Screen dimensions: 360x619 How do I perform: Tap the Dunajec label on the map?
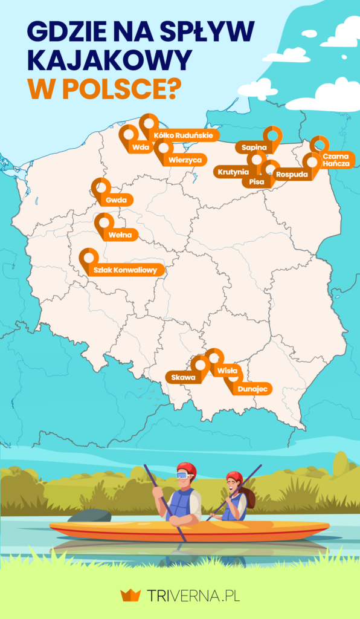[x=252, y=389]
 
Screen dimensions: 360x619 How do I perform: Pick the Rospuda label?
[x=292, y=175]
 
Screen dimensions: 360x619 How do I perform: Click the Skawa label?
[x=183, y=378]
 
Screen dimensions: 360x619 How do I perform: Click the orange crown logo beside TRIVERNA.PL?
[x=130, y=595]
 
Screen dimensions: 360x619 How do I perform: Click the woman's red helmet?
[x=234, y=476]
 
